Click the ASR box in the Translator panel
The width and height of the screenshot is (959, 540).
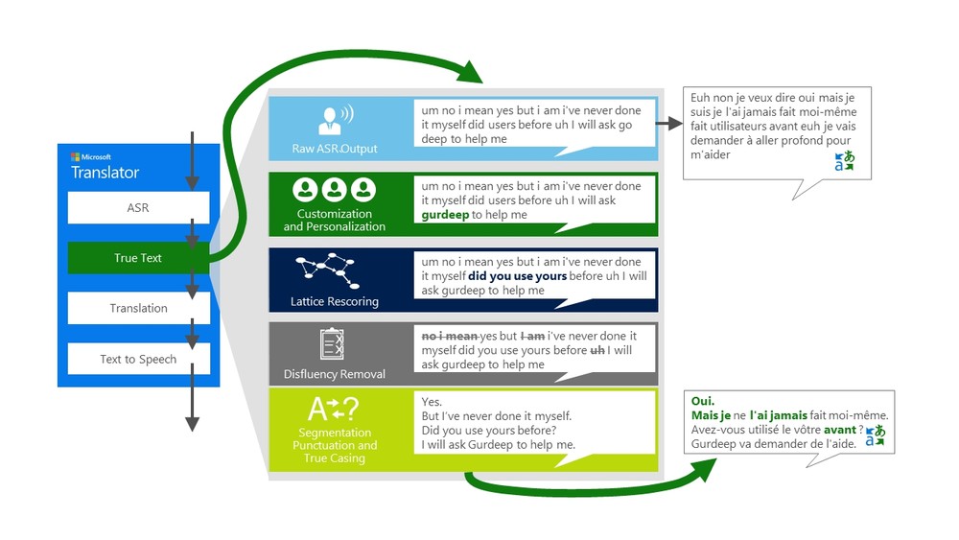click(x=138, y=207)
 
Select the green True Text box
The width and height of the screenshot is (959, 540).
click(x=138, y=258)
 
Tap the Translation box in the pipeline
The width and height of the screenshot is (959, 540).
click(x=138, y=308)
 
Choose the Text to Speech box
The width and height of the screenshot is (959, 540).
click(x=138, y=359)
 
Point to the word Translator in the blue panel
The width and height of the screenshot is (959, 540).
click(x=105, y=173)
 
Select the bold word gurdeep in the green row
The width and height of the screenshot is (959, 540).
click(x=445, y=215)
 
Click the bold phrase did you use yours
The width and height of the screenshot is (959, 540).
click(x=517, y=276)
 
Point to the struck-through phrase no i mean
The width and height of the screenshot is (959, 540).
click(x=450, y=337)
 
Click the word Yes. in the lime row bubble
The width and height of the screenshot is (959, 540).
click(x=432, y=402)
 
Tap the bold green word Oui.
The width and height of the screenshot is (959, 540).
click(x=703, y=401)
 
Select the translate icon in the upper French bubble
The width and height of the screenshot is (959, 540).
click(x=844, y=161)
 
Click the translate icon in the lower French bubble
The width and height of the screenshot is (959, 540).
click(x=874, y=436)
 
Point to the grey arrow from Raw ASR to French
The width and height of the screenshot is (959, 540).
click(x=668, y=123)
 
